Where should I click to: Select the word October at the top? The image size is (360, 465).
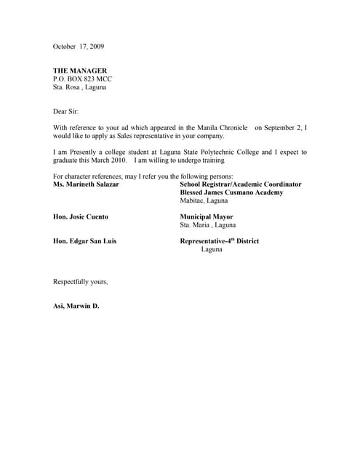pyautogui.click(x=65, y=46)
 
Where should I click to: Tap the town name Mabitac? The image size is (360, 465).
pyautogui.click(x=193, y=201)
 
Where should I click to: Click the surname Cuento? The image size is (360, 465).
pyautogui.click(x=95, y=217)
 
